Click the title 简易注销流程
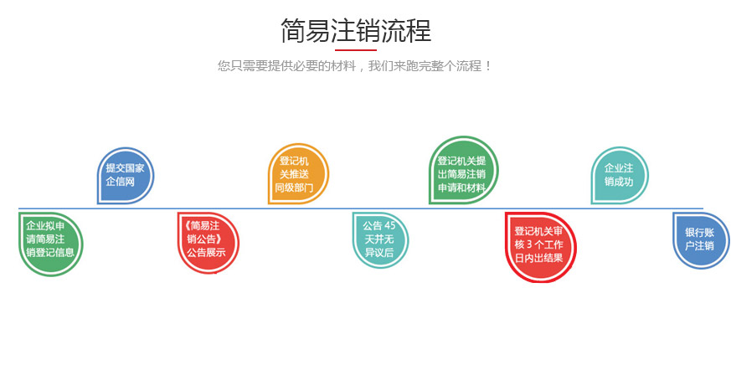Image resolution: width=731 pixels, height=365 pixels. click(x=355, y=31)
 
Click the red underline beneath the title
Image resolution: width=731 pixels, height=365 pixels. click(x=355, y=50)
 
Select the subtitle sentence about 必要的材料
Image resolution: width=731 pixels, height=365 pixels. click(x=355, y=65)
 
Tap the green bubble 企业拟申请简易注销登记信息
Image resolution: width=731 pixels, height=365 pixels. click(x=50, y=239)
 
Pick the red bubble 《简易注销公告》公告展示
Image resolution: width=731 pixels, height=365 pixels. click(x=207, y=239)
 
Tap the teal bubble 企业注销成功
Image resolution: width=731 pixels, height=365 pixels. click(x=619, y=175)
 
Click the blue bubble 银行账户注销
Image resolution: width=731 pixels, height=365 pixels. click(x=699, y=239)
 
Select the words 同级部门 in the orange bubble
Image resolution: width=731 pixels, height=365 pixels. click(x=295, y=188)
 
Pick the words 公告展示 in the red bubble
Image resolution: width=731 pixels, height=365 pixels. click(x=207, y=252)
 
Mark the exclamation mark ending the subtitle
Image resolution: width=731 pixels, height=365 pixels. click(x=489, y=65)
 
